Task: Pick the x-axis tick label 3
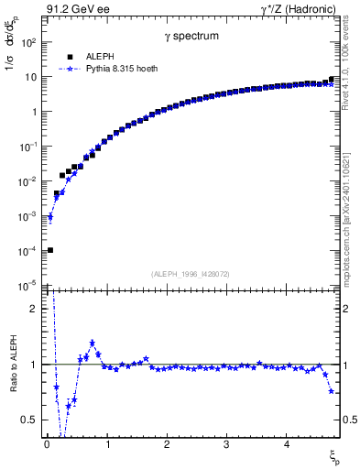tap(226, 444)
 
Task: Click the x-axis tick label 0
tap(47, 444)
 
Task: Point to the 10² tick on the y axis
tap(29, 42)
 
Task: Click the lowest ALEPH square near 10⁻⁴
tap(50, 250)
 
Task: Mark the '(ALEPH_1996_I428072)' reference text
tap(191, 273)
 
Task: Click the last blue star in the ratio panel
tap(331, 391)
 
